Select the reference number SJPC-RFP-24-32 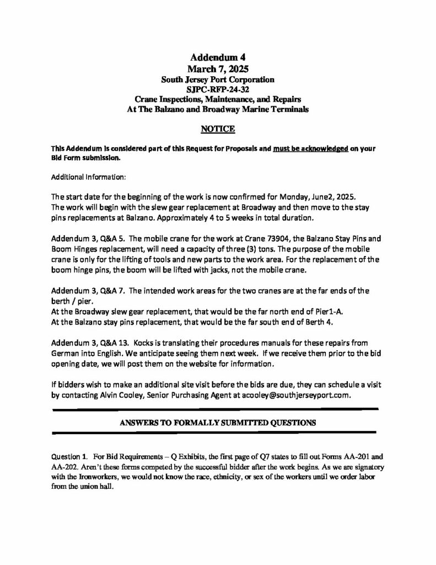point(218,89)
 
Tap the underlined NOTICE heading point(218,129)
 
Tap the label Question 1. point(69,456)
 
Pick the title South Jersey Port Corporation point(218,79)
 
